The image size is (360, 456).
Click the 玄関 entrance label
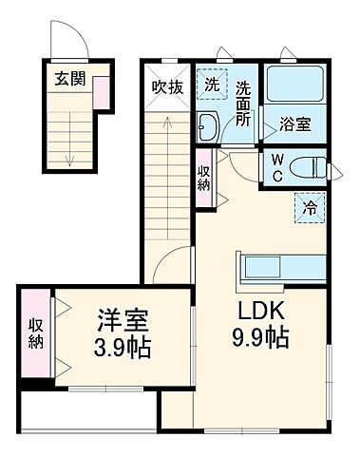click(x=68, y=79)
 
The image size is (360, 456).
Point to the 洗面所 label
click(x=243, y=102)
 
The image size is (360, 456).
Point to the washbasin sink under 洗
click(x=210, y=125)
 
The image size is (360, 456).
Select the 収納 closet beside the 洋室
click(x=35, y=334)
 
